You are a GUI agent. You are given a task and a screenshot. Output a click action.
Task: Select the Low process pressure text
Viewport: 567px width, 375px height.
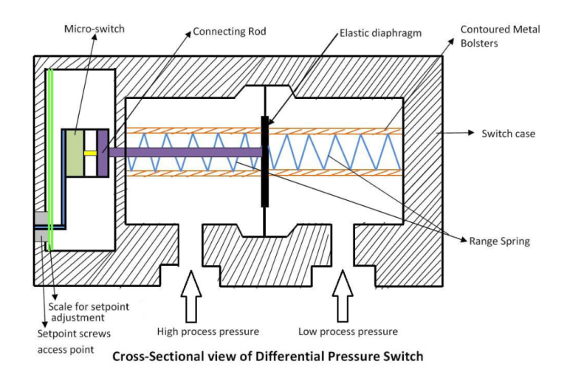(348, 331)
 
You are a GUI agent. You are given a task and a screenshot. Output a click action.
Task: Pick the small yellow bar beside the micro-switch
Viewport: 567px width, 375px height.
(90, 153)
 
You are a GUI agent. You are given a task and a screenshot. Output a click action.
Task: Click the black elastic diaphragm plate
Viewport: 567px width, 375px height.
(264, 160)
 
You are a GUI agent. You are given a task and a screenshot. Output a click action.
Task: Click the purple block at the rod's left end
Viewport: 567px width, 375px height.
(103, 153)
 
